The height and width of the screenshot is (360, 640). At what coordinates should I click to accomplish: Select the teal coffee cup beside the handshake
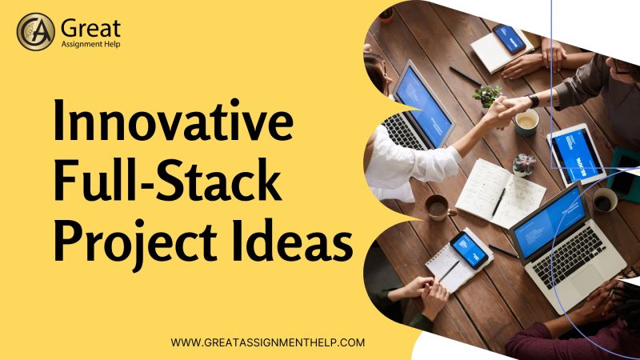(526, 121)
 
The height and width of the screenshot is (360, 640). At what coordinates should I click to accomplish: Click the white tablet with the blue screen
(578, 154)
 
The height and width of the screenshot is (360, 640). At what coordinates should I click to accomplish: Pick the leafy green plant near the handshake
(486, 94)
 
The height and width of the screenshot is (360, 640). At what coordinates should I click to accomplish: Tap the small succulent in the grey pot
(523, 164)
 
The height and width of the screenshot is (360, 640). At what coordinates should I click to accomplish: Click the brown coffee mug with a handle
(436, 207)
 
